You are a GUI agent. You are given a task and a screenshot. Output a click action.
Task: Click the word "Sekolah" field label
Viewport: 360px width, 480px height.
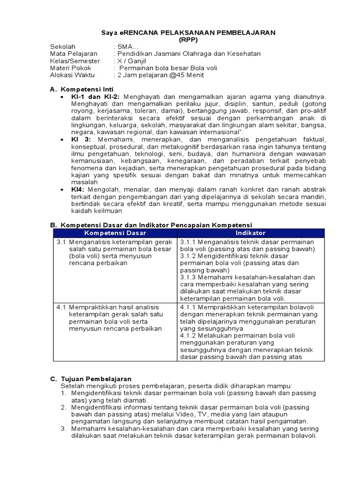pyautogui.click(x=63, y=47)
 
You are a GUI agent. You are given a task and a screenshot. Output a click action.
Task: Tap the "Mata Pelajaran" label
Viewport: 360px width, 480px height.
pyautogui.click(x=74, y=54)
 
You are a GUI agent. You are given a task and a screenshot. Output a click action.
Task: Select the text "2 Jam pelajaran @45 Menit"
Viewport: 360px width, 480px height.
pyautogui.click(x=161, y=75)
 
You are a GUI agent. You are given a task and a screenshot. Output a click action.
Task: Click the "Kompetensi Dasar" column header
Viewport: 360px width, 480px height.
pyautogui.click(x=115, y=233)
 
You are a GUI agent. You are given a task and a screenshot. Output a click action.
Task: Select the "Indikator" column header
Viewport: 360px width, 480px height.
pyautogui.click(x=251, y=233)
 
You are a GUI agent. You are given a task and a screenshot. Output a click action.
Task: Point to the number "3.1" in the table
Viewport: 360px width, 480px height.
pyautogui.click(x=61, y=242)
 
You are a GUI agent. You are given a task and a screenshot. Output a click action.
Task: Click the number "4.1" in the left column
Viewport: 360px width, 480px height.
pyautogui.click(x=61, y=307)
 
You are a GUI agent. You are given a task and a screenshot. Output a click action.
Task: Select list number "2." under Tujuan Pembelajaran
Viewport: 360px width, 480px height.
pyautogui.click(x=64, y=407)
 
